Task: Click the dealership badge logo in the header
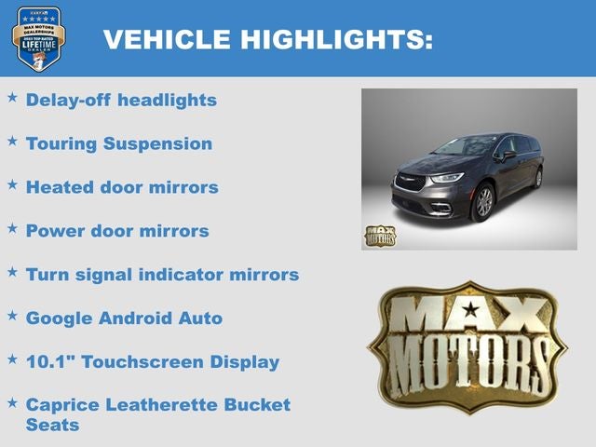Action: (x=38, y=38)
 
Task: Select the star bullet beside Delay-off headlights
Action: (x=12, y=97)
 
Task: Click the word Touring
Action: (x=61, y=143)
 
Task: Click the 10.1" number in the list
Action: (x=50, y=361)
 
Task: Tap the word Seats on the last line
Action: (x=52, y=425)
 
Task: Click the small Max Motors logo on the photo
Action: (x=379, y=236)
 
